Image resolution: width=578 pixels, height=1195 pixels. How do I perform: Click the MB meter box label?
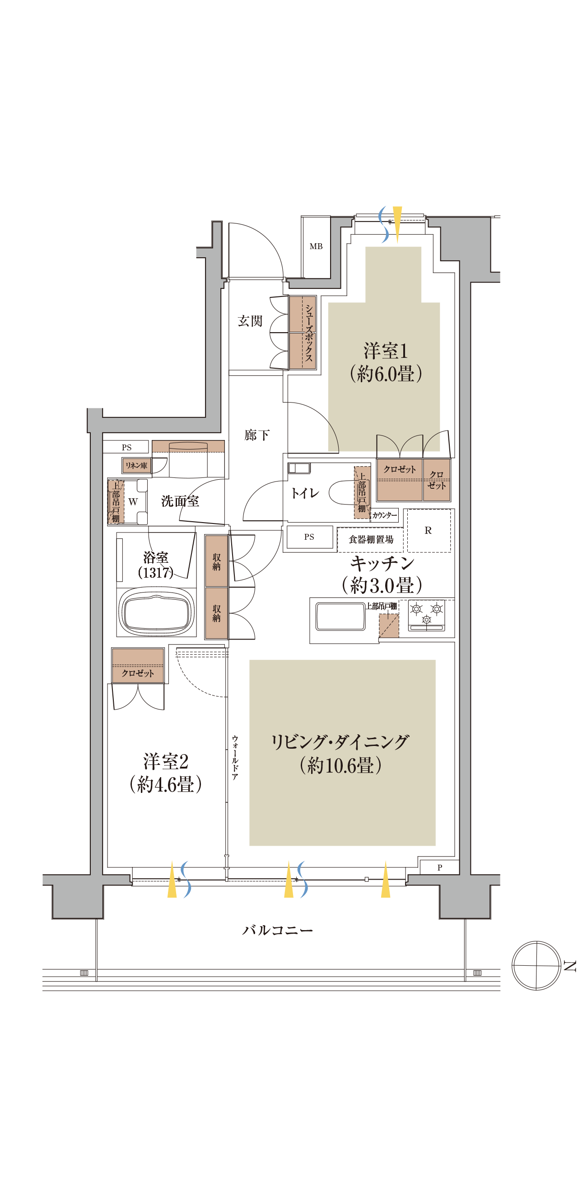(x=316, y=246)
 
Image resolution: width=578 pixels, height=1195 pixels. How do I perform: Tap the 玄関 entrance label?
(x=250, y=321)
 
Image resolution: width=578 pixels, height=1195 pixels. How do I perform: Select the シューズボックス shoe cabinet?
(x=303, y=333)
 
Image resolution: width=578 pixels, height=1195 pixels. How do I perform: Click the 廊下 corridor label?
(x=257, y=435)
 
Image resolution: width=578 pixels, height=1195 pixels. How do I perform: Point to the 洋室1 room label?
(x=385, y=351)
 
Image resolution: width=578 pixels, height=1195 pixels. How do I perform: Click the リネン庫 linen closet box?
(x=136, y=465)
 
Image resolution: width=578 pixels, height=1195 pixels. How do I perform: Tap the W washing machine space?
(x=133, y=501)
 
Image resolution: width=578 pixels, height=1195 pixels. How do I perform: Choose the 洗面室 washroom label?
(x=180, y=501)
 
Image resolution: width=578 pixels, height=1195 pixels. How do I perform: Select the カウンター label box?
(x=384, y=515)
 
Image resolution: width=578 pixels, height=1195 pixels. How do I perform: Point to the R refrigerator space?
(x=428, y=530)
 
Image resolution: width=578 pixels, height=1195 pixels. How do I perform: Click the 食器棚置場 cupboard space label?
(x=370, y=540)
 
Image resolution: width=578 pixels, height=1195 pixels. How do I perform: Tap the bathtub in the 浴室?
(x=156, y=612)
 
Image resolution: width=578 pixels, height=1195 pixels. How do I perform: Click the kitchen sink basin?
(x=340, y=616)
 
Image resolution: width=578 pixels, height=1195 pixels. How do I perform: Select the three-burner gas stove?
(x=426, y=615)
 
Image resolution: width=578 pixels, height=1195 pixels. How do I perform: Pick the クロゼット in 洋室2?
(x=137, y=666)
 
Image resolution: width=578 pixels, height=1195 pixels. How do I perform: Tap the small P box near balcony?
(x=439, y=867)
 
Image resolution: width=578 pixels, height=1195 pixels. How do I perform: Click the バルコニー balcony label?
(x=277, y=930)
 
